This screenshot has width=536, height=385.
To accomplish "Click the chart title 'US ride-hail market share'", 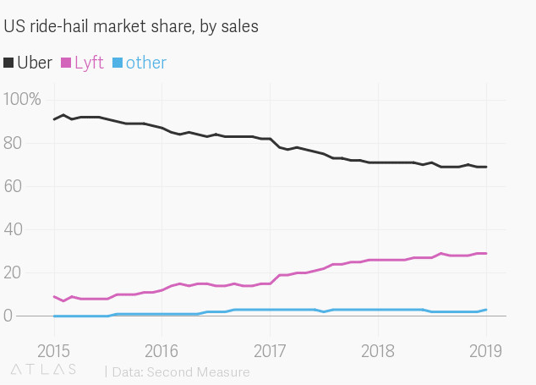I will point(131,27).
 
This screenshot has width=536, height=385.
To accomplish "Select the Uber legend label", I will point(35,63).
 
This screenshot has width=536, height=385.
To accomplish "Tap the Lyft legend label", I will point(89,63).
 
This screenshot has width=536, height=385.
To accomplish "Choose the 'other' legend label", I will point(146,63).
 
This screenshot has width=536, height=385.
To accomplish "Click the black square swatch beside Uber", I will point(9,63).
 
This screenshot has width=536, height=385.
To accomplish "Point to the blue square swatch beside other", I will point(118,63).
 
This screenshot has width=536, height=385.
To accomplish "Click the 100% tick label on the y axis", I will point(23,100).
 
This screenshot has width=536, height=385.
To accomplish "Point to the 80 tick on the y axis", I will point(14,143).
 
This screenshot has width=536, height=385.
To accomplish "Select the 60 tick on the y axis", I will point(14,186).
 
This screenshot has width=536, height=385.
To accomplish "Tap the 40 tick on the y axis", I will point(14,229).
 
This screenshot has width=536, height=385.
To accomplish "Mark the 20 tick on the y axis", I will point(14,272).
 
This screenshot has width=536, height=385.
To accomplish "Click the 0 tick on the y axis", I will point(8,316).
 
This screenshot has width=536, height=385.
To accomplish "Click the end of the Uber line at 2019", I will point(486,167).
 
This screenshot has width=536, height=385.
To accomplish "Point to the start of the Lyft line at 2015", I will point(54,296).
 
